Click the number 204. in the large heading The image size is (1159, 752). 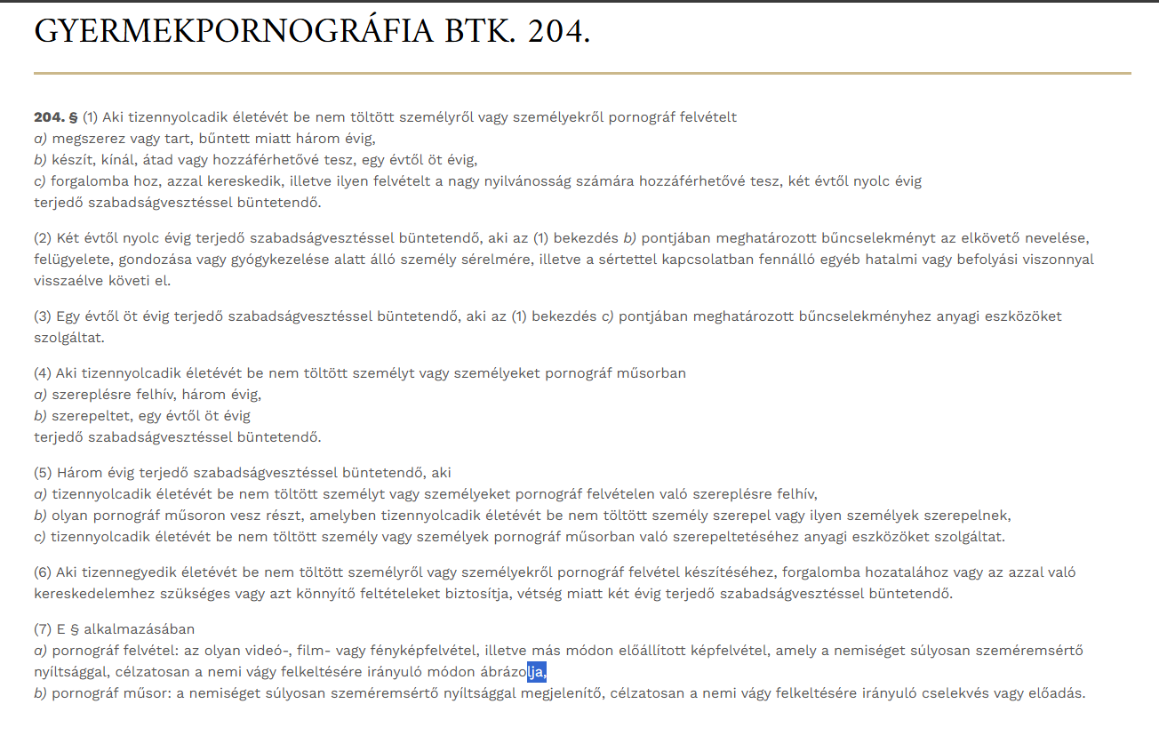tap(559, 31)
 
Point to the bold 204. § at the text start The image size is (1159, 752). tap(56, 117)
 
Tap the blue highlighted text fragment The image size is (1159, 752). tap(537, 672)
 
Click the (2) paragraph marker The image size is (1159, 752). tap(43, 238)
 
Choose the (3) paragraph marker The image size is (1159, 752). tap(43, 316)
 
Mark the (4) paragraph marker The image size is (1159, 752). tap(43, 373)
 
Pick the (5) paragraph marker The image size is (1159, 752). tap(43, 473)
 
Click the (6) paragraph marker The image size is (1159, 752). tap(43, 572)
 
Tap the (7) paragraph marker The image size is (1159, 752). tap(43, 629)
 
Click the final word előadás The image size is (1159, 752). tap(1056, 693)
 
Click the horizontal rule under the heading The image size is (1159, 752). tap(582, 73)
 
